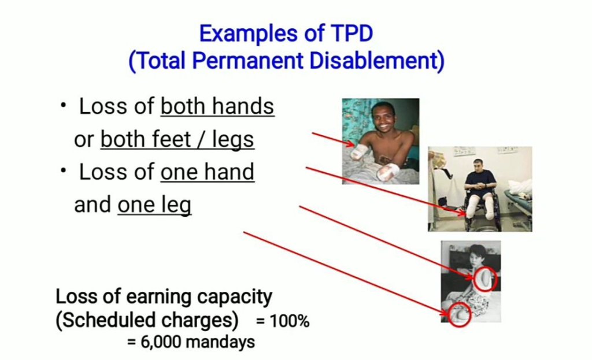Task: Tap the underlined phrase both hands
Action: point(217,106)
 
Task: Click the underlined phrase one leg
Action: point(154,205)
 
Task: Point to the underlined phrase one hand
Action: point(208,172)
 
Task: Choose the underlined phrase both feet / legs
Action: point(177,140)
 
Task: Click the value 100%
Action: point(289,321)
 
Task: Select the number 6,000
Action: point(161,342)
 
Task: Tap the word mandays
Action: point(220,342)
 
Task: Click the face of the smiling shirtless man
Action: point(382,116)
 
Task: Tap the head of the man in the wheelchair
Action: point(478,165)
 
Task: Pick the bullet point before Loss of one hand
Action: point(63,171)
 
